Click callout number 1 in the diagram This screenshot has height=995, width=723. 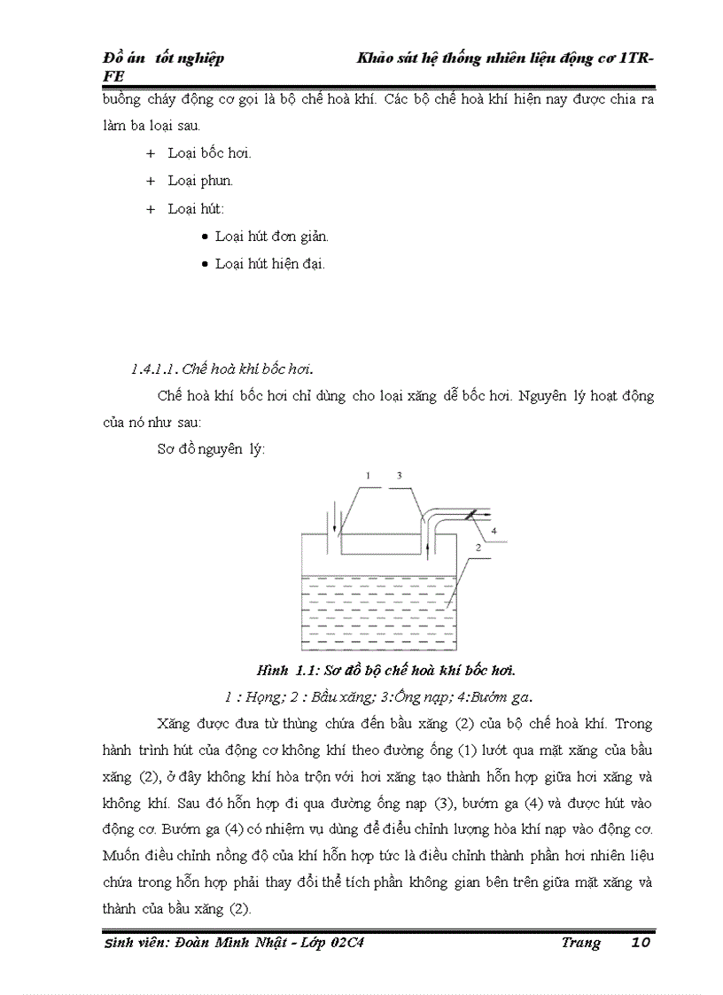(x=368, y=476)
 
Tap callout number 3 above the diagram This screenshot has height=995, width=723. (x=400, y=476)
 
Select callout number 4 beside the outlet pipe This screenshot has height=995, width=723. (x=494, y=531)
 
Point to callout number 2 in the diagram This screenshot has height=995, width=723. (x=477, y=548)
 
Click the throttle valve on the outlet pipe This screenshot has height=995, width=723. (x=470, y=515)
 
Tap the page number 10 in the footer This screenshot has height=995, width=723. (x=641, y=943)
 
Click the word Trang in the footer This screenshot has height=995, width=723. (x=580, y=943)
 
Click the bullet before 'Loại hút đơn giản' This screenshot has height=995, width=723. (x=206, y=237)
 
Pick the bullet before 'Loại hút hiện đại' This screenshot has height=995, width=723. (x=206, y=264)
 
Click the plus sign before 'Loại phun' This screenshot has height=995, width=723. (x=151, y=181)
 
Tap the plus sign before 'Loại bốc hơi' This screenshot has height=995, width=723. (x=151, y=153)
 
